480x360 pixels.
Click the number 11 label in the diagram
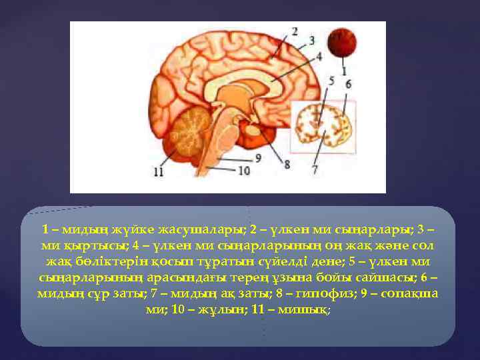coord(158,172)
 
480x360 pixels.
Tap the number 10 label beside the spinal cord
coord(243,171)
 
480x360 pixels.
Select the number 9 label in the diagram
coord(257,157)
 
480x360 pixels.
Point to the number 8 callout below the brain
coord(287,163)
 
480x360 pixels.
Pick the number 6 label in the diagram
coord(348,84)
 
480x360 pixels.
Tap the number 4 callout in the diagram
coord(319,56)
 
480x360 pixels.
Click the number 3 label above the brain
coord(311,41)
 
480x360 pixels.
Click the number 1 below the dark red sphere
coord(343,69)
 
